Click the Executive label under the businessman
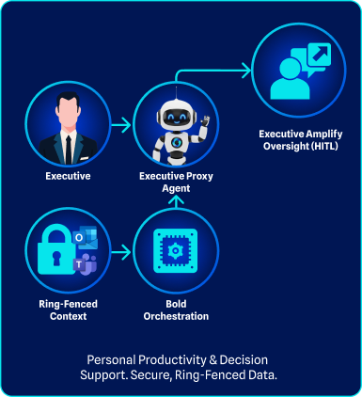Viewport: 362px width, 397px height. (68, 176)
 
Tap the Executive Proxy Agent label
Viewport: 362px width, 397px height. (176, 182)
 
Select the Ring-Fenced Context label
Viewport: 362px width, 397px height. (68, 310)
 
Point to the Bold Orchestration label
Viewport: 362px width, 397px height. (176, 310)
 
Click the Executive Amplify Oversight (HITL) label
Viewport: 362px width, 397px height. (301, 140)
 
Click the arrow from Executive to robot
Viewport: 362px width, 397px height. (121, 125)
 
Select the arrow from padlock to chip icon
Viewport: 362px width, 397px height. (121, 252)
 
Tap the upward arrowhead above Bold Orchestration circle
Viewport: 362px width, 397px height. (176, 200)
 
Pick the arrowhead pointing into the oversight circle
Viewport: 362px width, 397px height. (246, 71)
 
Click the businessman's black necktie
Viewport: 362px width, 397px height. (69, 150)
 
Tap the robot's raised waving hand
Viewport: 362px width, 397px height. (205, 120)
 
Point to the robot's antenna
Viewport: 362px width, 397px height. (176, 93)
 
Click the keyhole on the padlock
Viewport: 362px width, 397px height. (56, 258)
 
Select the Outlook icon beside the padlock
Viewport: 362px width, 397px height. (85, 237)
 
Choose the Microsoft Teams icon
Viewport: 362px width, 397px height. (85, 264)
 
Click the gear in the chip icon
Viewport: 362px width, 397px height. (176, 250)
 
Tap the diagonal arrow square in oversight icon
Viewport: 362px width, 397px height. (319, 55)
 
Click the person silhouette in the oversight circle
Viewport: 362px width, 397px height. (290, 79)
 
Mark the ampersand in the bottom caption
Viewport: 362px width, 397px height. (213, 360)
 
